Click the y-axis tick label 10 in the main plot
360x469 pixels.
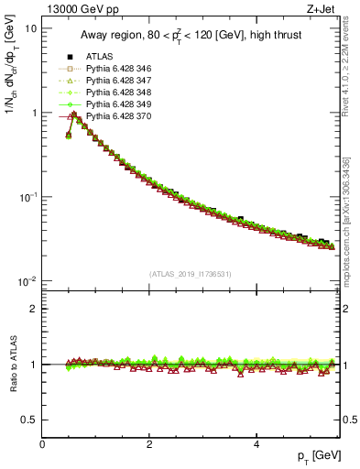29,28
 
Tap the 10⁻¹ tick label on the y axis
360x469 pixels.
27,196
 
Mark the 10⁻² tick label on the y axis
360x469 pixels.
27,280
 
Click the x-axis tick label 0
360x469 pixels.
42,444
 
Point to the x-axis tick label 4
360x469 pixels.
256,444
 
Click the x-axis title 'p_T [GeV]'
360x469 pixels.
312,456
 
